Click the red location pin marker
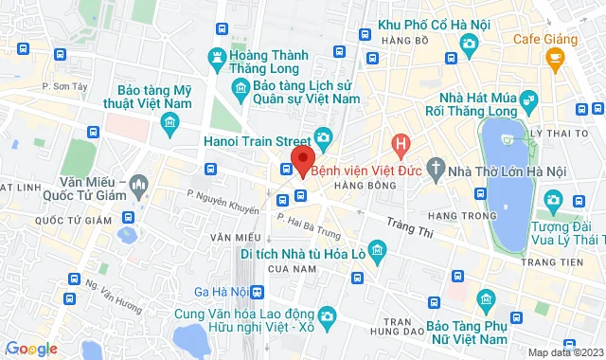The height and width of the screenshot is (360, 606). pyautogui.click(x=302, y=158)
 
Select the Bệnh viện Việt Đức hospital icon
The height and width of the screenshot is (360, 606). pyautogui.click(x=401, y=146)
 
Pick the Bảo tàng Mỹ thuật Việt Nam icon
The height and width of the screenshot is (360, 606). pyautogui.click(x=170, y=122)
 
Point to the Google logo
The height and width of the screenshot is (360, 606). pyautogui.click(x=30, y=349)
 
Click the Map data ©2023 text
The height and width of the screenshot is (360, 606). pyautogui.click(x=563, y=352)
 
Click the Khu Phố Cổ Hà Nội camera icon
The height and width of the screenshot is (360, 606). pyautogui.click(x=468, y=43)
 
